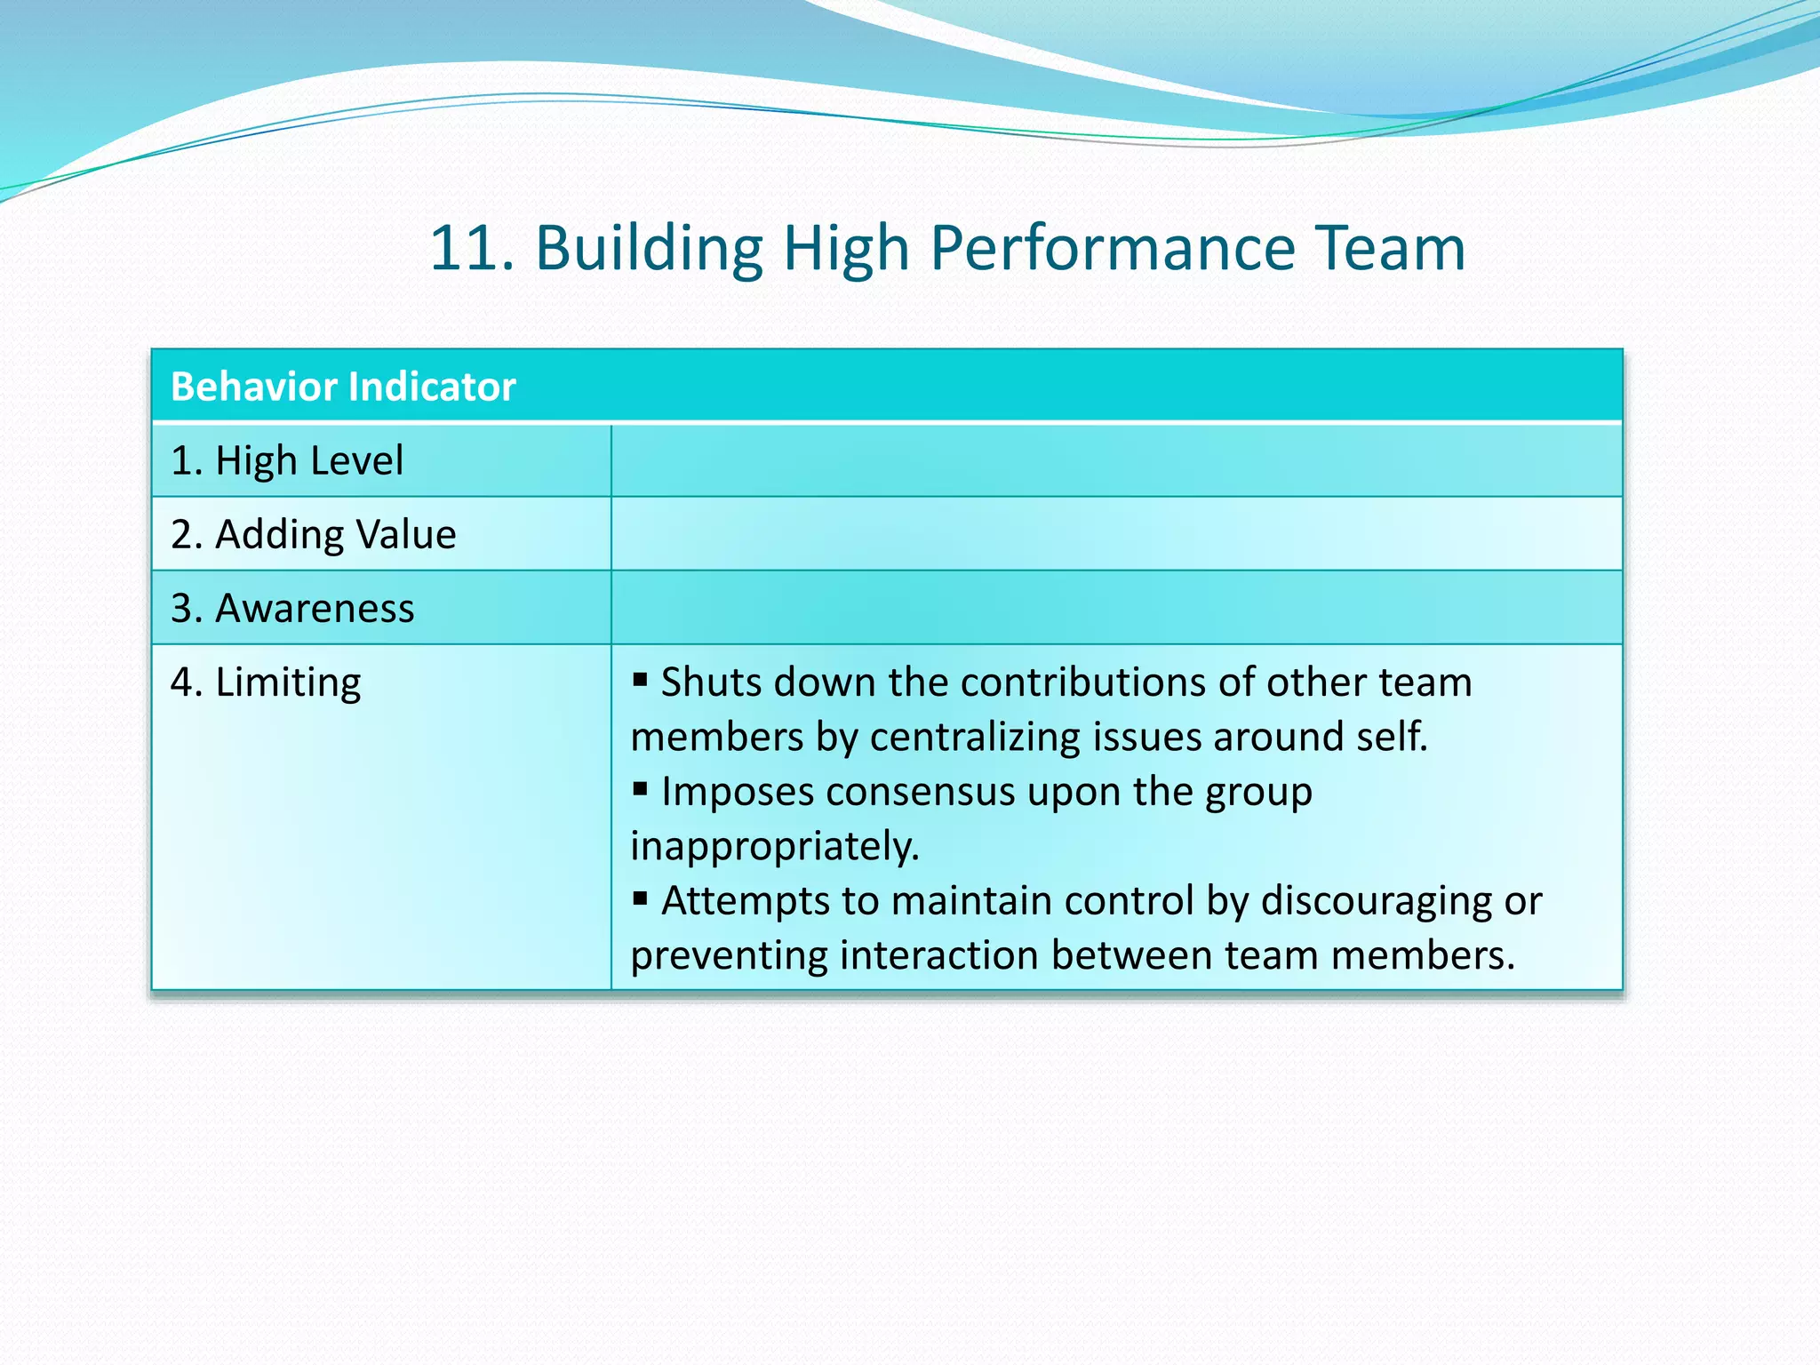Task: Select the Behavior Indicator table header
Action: tap(343, 387)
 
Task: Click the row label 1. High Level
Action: tap(287, 460)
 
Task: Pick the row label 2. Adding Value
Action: tap(313, 534)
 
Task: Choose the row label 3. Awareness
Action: tap(292, 608)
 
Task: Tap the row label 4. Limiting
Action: tap(266, 682)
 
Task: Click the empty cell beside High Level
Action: tap(1116, 460)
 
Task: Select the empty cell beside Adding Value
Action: tap(1116, 534)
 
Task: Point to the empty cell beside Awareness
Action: tap(1116, 608)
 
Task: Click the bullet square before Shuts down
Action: tap(640, 681)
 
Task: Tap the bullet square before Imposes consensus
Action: tap(640, 789)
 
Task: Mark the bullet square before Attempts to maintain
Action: tap(640, 898)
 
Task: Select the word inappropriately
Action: tap(774, 846)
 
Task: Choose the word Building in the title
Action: tap(649, 248)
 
